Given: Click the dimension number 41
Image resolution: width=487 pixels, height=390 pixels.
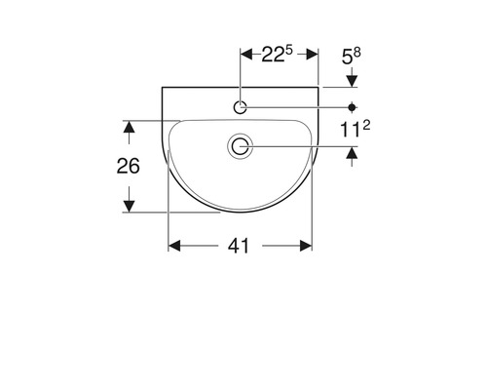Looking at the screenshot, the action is (x=239, y=246).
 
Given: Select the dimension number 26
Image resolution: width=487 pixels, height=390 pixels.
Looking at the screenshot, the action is (x=129, y=166).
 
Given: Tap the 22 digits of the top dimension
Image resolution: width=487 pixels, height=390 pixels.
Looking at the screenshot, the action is (x=274, y=55).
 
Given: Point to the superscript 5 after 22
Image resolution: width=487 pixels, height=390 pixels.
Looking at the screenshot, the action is (x=289, y=51).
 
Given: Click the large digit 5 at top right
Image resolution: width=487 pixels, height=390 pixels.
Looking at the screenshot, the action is (x=347, y=58).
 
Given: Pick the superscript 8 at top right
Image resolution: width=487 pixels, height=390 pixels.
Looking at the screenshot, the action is (x=356, y=53).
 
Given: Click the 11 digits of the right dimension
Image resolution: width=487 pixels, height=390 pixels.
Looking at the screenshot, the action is (x=350, y=130).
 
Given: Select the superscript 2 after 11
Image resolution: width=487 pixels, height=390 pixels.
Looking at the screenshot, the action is (x=366, y=125).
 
